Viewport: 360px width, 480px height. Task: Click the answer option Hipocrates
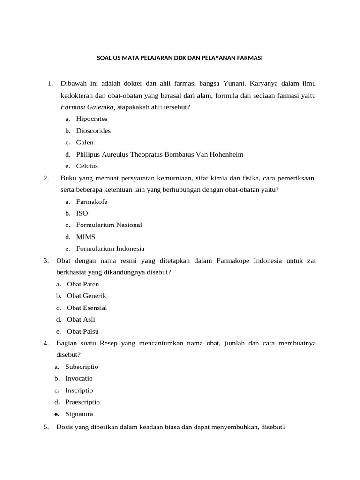(x=92, y=119)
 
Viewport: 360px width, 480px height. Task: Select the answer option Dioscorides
(x=93, y=131)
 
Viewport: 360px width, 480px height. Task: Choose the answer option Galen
(x=85, y=142)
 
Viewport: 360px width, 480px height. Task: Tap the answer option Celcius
(x=87, y=166)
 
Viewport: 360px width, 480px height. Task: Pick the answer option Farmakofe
(x=92, y=202)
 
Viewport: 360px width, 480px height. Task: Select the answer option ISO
(x=82, y=213)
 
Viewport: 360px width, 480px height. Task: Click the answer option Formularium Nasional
(x=109, y=225)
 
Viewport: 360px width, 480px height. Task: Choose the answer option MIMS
(x=86, y=237)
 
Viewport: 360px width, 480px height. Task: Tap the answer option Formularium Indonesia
(x=110, y=248)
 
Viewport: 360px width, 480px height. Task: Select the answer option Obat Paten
(x=83, y=284)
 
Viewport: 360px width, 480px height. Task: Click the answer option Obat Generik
(x=87, y=296)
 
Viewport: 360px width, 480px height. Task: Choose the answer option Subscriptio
(x=82, y=367)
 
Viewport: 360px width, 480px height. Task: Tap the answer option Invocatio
(x=79, y=378)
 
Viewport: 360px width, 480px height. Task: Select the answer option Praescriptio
(x=82, y=402)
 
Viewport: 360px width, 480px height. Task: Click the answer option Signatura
(x=79, y=414)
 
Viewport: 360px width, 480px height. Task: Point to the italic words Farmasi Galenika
(x=88, y=107)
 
